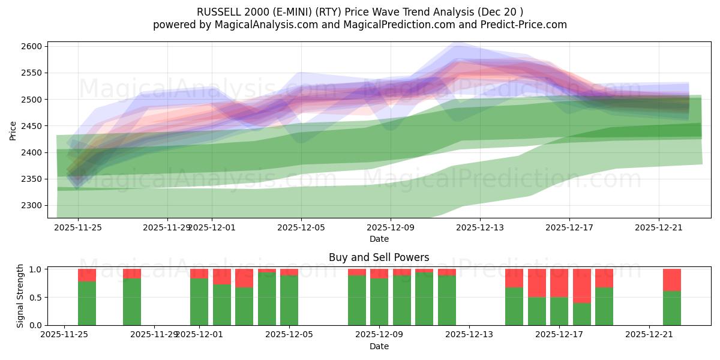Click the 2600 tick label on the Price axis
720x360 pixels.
click(x=33, y=46)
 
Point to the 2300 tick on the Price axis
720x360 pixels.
click(x=33, y=206)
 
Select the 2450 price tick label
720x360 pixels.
click(x=33, y=126)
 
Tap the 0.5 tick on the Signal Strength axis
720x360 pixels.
click(x=36, y=298)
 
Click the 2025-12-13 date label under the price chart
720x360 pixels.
click(x=480, y=228)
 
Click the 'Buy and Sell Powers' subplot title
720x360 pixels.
click(x=379, y=257)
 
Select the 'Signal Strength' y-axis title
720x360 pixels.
click(x=20, y=295)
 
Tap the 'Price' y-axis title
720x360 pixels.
click(x=13, y=130)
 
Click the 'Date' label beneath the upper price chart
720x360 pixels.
click(x=379, y=239)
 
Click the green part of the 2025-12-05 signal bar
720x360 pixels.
click(x=289, y=300)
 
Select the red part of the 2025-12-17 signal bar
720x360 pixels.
click(x=559, y=283)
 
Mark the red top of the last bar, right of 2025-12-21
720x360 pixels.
click(x=672, y=280)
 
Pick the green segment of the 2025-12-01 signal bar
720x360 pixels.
click(x=199, y=301)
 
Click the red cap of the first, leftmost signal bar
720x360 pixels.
click(x=87, y=275)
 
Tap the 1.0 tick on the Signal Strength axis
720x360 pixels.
click(x=36, y=269)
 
